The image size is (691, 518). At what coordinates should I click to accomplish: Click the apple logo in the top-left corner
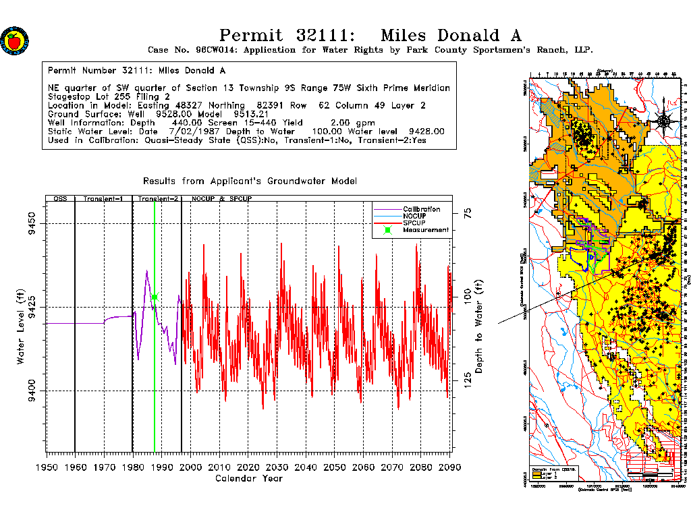(13, 40)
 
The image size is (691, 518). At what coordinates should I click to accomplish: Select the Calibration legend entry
(422, 209)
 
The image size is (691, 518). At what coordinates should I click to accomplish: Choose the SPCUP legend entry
(415, 223)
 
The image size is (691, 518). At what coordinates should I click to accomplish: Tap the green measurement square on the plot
(155, 297)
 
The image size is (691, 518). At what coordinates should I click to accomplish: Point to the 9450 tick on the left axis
(31, 223)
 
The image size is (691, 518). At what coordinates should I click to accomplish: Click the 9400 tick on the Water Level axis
(31, 391)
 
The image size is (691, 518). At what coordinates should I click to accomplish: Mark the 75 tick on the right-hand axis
(466, 215)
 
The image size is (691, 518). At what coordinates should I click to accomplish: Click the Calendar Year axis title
(248, 479)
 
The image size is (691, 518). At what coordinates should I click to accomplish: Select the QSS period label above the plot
(60, 200)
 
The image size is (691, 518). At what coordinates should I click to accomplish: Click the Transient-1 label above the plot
(103, 200)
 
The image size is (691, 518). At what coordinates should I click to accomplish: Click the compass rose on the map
(664, 121)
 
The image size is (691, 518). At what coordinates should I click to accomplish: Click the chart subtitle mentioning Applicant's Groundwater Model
(250, 181)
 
